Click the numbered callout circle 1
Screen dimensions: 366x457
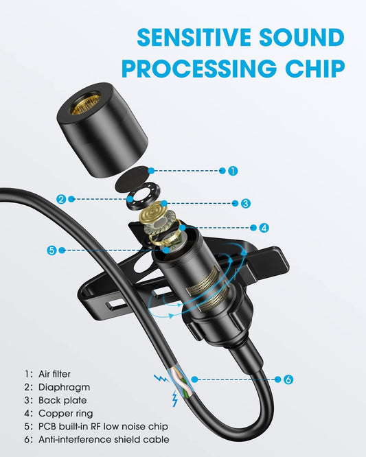[233, 170]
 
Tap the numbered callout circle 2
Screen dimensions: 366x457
[61, 200]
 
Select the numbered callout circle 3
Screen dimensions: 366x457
[245, 203]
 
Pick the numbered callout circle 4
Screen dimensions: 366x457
[264, 228]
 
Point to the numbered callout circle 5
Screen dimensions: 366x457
[52, 250]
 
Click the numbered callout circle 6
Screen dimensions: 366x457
[288, 379]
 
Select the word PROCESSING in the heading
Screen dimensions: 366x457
[199, 68]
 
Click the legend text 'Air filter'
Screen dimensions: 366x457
[54, 374]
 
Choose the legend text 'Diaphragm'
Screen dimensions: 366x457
[64, 387]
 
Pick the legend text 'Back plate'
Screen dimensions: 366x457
[62, 400]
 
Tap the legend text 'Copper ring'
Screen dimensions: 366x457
[66, 413]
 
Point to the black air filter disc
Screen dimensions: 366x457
[132, 179]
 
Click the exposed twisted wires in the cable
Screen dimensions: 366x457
[181, 385]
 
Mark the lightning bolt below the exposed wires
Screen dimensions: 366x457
[174, 399]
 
